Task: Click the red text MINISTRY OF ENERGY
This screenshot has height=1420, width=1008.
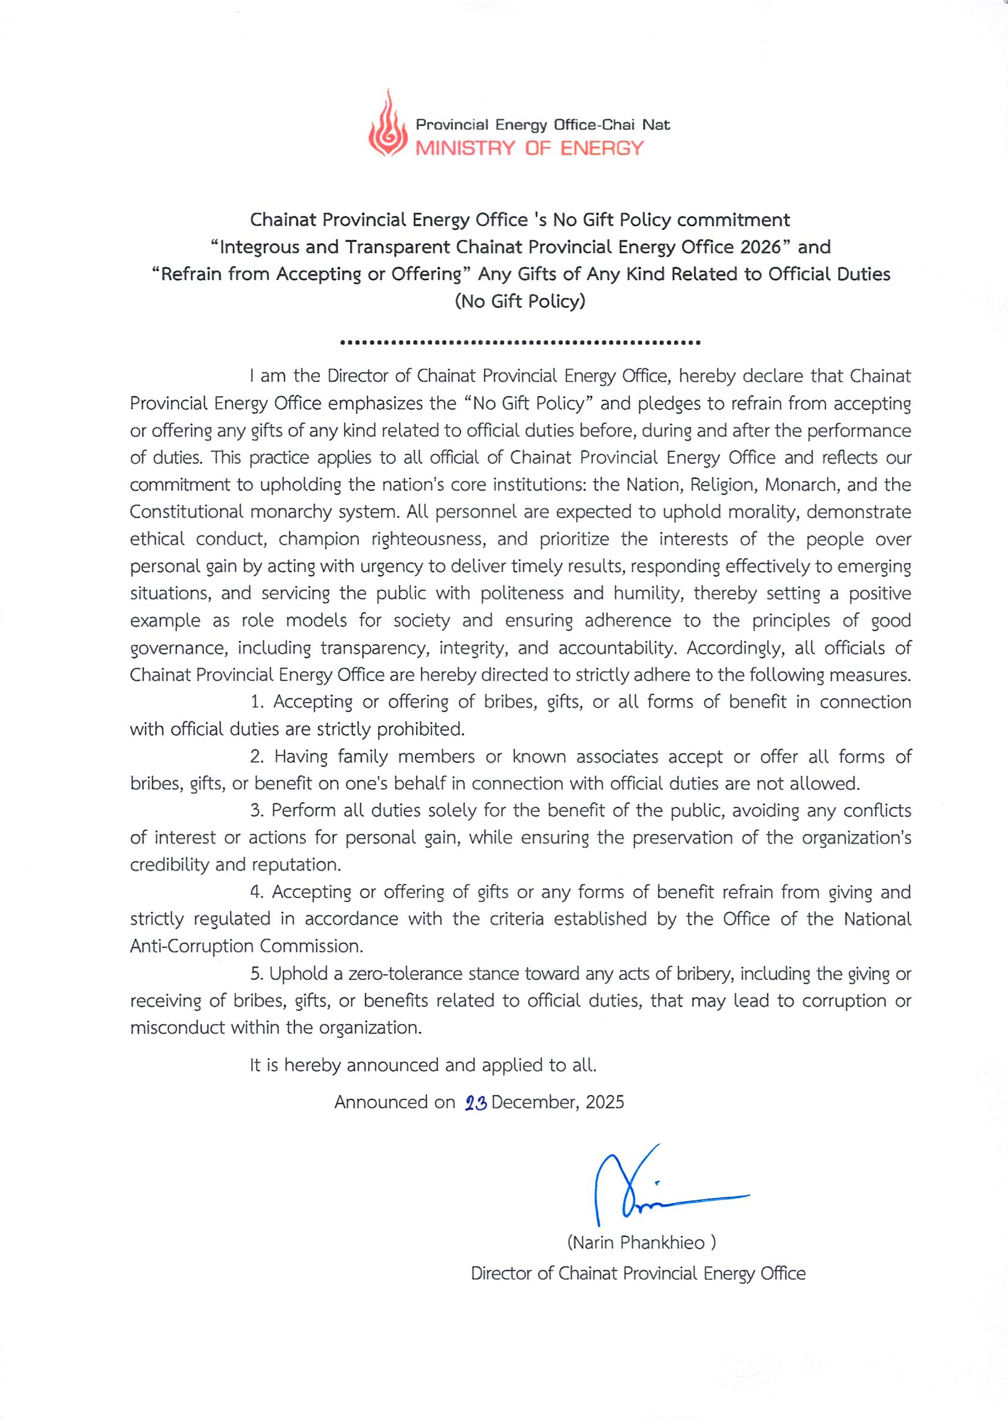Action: point(530,148)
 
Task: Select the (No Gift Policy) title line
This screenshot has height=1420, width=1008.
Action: point(520,302)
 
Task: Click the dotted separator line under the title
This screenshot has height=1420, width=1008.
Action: point(520,342)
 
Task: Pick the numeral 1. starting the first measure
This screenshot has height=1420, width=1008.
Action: point(258,702)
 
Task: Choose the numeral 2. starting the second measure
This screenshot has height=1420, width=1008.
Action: point(258,757)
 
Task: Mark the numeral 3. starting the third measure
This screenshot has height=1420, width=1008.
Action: point(258,811)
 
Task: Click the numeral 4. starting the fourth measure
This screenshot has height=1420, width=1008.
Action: point(258,892)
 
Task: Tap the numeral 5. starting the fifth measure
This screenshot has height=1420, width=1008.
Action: point(258,974)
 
